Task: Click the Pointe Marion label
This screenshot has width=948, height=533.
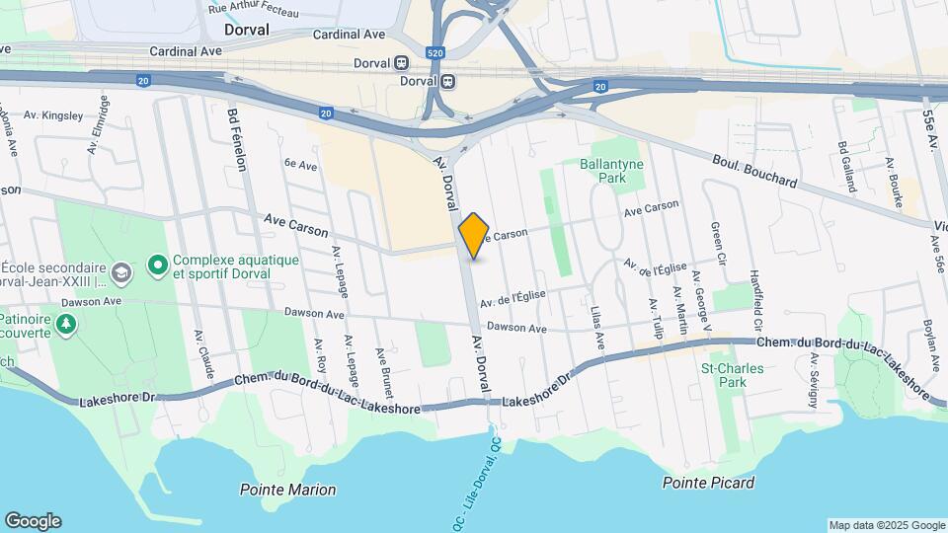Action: [287, 490]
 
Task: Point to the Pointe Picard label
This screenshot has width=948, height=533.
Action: [709, 483]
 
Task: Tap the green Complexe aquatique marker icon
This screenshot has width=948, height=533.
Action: [156, 265]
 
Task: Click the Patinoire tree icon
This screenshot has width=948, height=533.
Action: [66, 323]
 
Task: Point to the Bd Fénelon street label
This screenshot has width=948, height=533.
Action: [237, 137]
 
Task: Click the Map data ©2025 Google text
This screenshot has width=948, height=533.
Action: [886, 525]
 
